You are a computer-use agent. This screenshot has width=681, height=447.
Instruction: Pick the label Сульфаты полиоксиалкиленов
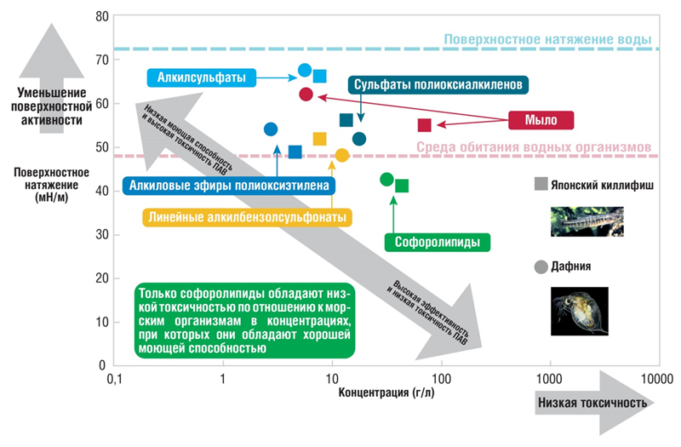439,84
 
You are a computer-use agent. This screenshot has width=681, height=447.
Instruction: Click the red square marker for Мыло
425,125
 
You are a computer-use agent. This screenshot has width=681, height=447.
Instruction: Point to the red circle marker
306,94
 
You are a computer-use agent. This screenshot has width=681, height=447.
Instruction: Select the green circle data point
386,179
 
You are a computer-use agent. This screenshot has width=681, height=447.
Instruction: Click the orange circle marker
341,155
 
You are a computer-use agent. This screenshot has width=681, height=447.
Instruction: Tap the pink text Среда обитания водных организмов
535,146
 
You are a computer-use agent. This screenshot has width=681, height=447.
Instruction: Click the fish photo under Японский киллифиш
587,219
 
